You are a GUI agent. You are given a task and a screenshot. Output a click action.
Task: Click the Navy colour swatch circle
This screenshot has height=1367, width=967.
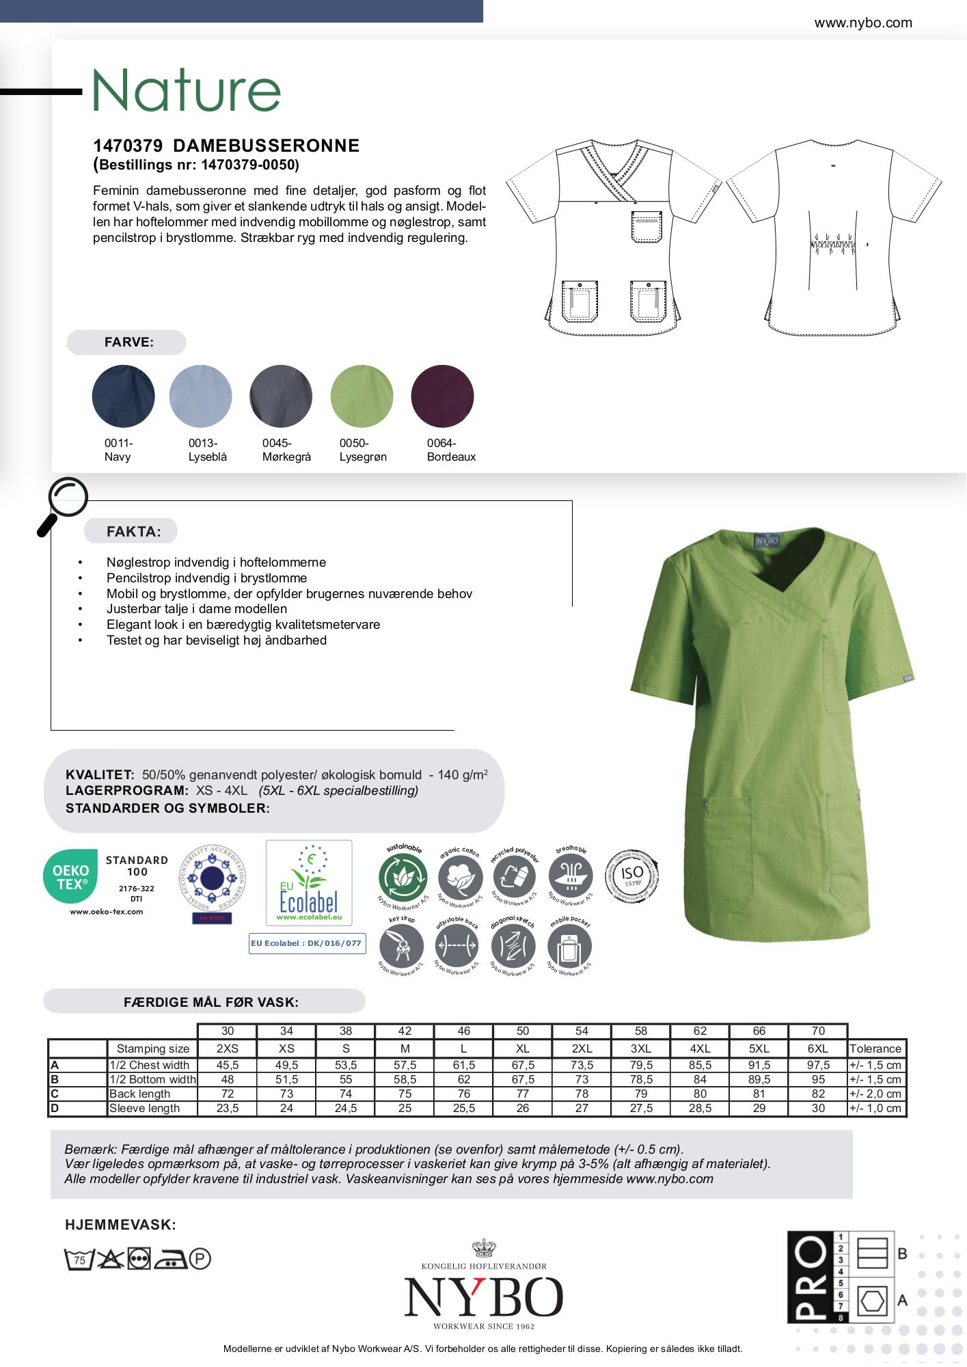[124, 396]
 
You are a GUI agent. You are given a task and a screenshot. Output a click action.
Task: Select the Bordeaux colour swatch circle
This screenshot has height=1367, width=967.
[443, 396]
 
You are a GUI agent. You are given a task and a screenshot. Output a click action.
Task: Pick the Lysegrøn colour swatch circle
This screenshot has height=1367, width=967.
[362, 396]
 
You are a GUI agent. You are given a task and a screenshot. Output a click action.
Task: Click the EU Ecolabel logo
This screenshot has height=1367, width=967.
[309, 882]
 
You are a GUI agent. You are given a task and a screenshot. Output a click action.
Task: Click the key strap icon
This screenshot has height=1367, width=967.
[401, 946]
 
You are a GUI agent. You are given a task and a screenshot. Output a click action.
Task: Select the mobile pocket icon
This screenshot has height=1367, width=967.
[570, 947]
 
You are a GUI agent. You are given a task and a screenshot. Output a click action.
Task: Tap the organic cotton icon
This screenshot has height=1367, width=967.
[459, 876]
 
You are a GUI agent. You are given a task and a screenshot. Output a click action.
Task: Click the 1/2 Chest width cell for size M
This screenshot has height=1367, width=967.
[405, 1065]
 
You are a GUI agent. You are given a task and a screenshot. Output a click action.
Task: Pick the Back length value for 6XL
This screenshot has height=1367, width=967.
[818, 1094]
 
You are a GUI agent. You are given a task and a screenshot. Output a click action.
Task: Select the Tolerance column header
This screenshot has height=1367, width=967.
[875, 1048]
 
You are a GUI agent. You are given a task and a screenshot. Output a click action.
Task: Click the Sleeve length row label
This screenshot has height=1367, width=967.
[145, 1108]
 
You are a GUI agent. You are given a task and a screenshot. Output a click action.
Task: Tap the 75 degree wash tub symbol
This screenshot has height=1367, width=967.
[79, 1260]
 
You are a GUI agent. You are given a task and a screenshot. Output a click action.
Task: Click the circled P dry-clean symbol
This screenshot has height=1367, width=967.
[200, 1259]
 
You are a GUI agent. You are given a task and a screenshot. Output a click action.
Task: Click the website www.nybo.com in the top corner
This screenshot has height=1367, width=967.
[863, 23]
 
